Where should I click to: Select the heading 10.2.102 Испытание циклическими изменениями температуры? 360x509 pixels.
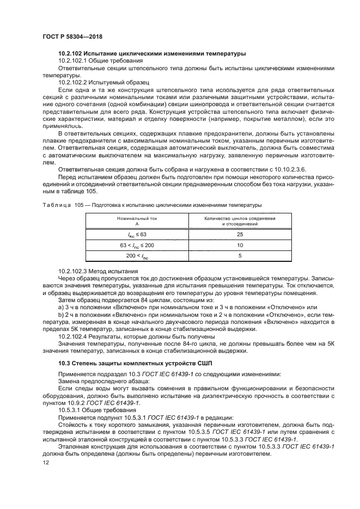click(x=152, y=53)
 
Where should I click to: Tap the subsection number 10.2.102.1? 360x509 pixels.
click(x=75, y=60)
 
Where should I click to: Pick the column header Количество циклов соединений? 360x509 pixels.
click(x=240, y=218)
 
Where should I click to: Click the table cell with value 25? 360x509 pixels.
click(x=240, y=234)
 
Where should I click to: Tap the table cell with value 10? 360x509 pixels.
click(x=240, y=245)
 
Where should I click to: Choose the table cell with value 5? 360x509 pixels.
click(x=240, y=256)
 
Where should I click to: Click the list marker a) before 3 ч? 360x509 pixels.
click(x=61, y=307)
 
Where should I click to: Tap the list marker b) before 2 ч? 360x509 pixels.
click(x=61, y=314)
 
